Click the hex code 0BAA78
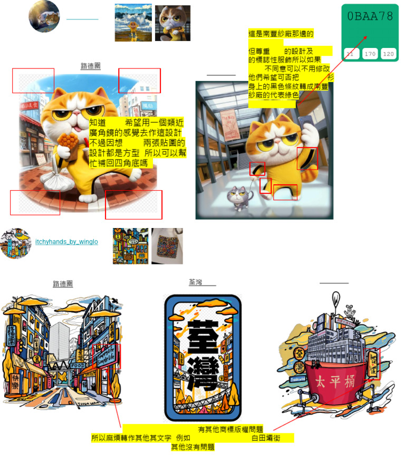tap(370, 16)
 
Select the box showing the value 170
tap(370, 54)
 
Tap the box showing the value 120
tap(389, 54)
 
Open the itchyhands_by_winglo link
tap(66, 242)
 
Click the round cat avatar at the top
tap(44, 16)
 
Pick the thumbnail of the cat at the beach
tap(133, 23)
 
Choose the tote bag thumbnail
tap(167, 246)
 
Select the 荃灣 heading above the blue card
tap(196, 282)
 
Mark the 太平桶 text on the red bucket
tap(332, 381)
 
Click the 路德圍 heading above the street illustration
tap(63, 284)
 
